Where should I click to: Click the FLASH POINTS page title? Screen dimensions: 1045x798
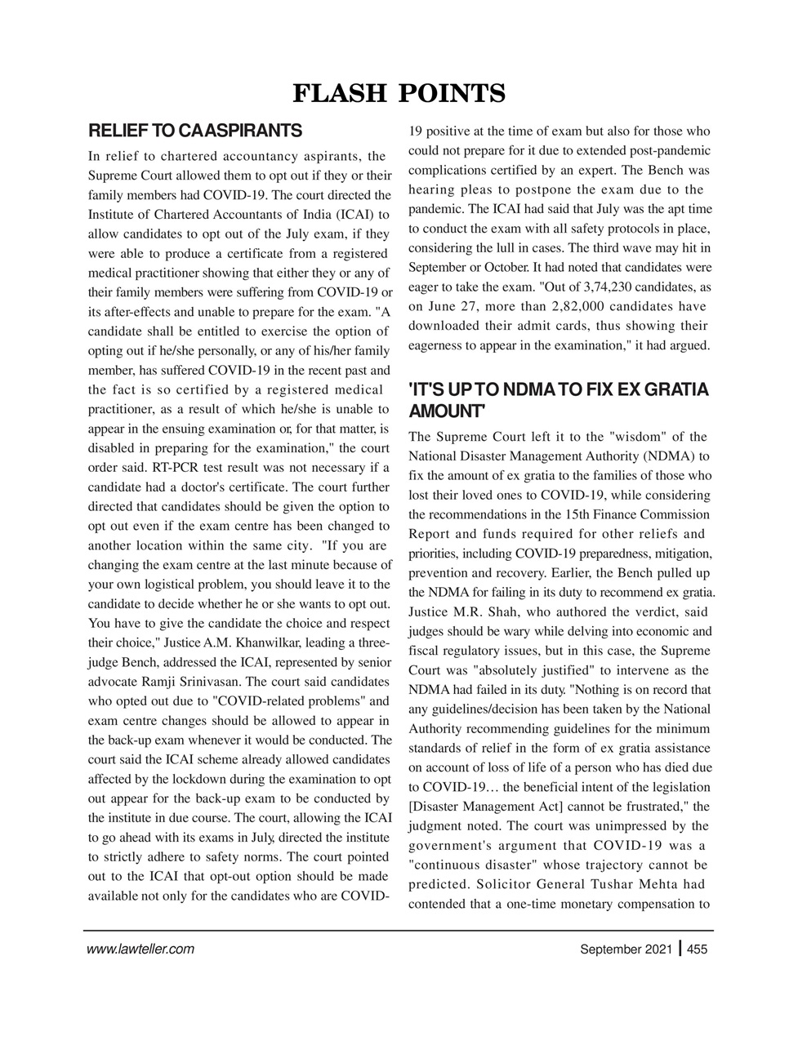pyautogui.click(x=399, y=93)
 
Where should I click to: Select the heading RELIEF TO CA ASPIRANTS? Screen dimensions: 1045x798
pyautogui.click(x=195, y=131)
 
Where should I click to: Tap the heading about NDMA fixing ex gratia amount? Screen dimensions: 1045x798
pyautogui.click(x=558, y=399)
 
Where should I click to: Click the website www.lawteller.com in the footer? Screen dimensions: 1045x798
pyautogui.click(x=140, y=949)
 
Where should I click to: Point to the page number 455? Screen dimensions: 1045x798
pyautogui.click(x=698, y=949)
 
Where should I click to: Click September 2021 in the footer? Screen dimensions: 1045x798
pyautogui.click(x=626, y=949)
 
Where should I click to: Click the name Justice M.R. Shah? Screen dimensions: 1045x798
pyautogui.click(x=462, y=612)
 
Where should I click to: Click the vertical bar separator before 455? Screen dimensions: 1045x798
pyautogui.click(x=680, y=949)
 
